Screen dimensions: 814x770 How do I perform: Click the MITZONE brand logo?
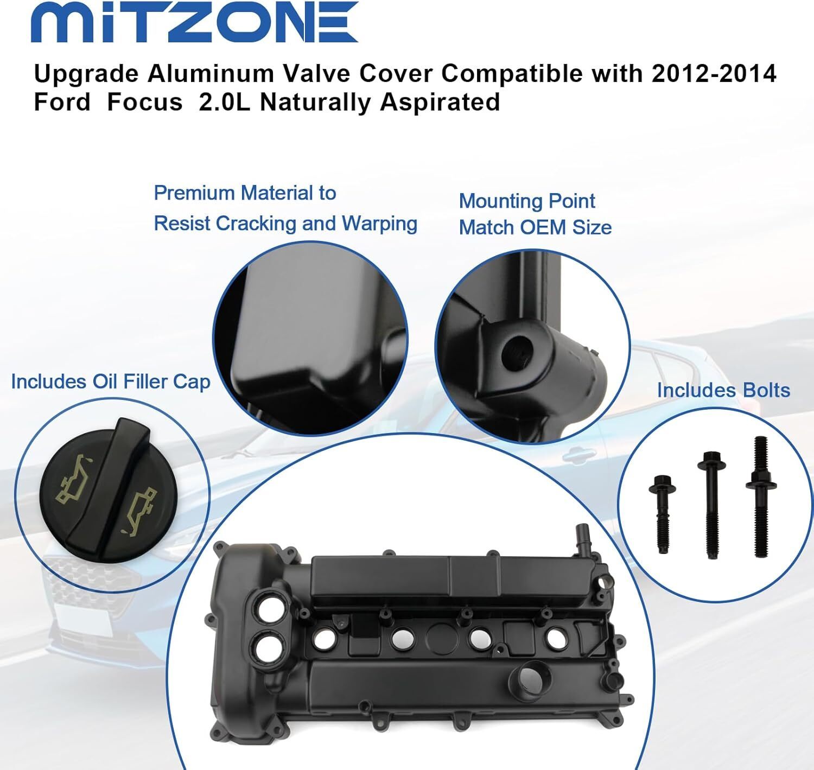195,22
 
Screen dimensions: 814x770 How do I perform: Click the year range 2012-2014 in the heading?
714,74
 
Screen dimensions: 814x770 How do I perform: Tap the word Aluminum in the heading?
211,74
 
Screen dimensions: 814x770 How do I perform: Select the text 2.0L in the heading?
225,102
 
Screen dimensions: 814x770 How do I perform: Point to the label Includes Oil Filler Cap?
111,381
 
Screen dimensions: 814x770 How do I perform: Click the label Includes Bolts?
724,390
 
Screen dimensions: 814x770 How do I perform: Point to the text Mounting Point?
526,202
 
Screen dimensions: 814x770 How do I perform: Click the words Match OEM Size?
536,228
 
